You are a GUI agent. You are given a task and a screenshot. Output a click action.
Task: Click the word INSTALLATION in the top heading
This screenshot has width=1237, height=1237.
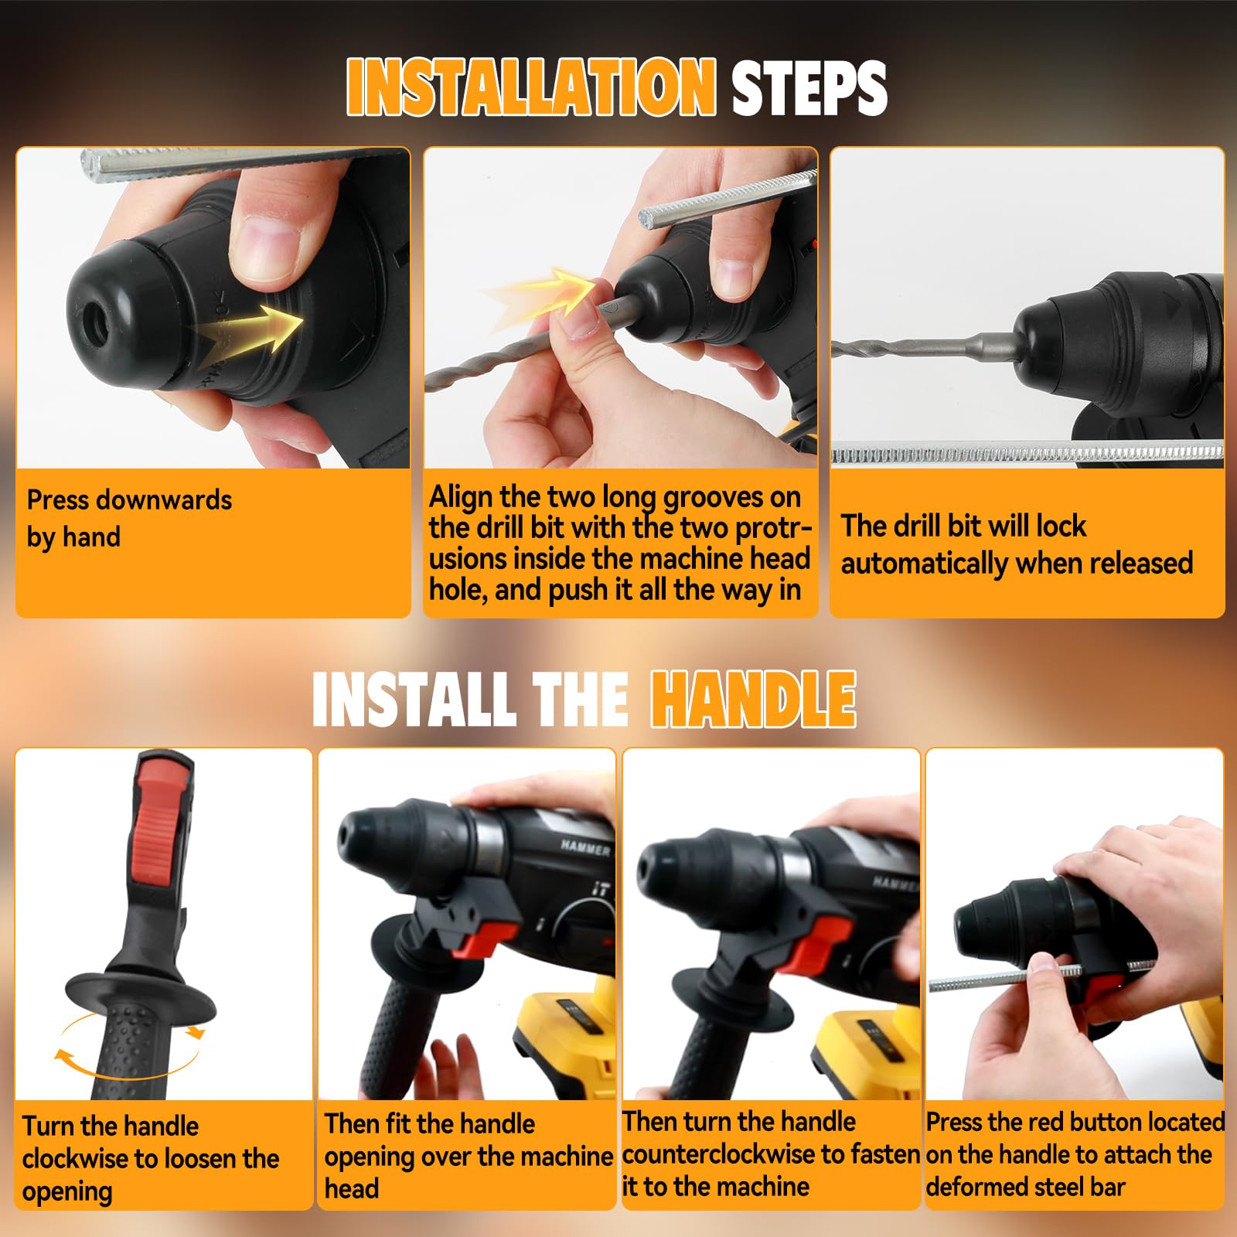(531, 86)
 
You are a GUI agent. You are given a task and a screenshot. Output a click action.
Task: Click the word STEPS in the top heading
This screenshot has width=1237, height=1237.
(809, 87)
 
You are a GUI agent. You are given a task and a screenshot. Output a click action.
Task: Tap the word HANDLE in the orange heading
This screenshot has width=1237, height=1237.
(753, 699)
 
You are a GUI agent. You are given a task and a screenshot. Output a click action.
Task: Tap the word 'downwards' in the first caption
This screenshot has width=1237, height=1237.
(171, 499)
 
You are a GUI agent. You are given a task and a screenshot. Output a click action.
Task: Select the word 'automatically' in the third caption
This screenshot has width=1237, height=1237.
(921, 564)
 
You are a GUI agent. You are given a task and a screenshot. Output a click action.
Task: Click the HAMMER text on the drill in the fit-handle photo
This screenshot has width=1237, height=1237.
(585, 848)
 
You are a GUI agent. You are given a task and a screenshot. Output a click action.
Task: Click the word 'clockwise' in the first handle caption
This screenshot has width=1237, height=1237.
(74, 1159)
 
